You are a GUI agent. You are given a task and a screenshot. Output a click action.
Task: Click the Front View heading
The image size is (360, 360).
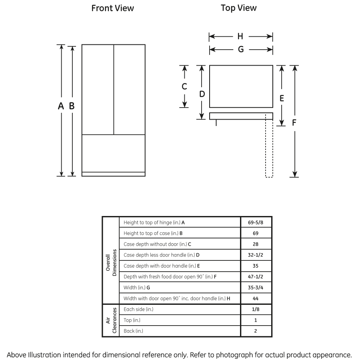point(113,8)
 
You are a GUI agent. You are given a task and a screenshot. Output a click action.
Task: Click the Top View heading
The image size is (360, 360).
point(239,8)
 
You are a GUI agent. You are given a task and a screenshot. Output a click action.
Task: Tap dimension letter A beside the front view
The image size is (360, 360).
point(61,106)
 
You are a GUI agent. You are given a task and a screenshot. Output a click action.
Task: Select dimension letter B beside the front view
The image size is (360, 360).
point(72,106)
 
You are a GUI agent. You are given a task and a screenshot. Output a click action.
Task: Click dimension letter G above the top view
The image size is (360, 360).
point(240,50)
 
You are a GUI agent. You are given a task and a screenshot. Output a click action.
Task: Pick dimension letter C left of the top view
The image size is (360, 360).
point(184,86)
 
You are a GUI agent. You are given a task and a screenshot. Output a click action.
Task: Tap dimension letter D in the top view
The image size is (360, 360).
point(202,94)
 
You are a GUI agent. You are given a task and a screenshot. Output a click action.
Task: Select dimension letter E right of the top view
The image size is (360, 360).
point(282,98)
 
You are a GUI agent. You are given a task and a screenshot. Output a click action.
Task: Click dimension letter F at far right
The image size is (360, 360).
point(294,122)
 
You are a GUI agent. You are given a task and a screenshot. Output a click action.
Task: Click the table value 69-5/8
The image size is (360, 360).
point(256,222)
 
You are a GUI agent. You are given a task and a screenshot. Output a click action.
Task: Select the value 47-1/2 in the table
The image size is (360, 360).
point(256,277)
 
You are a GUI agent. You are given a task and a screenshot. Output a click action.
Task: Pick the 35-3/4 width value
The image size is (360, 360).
point(256,288)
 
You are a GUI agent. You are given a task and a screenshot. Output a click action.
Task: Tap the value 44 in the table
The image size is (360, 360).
point(256,298)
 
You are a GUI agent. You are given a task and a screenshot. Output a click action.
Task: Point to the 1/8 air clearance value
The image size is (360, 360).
point(256,309)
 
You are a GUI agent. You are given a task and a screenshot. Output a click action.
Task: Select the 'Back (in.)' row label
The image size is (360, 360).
point(134,331)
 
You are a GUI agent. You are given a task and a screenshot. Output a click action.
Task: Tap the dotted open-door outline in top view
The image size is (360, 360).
point(269,148)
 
